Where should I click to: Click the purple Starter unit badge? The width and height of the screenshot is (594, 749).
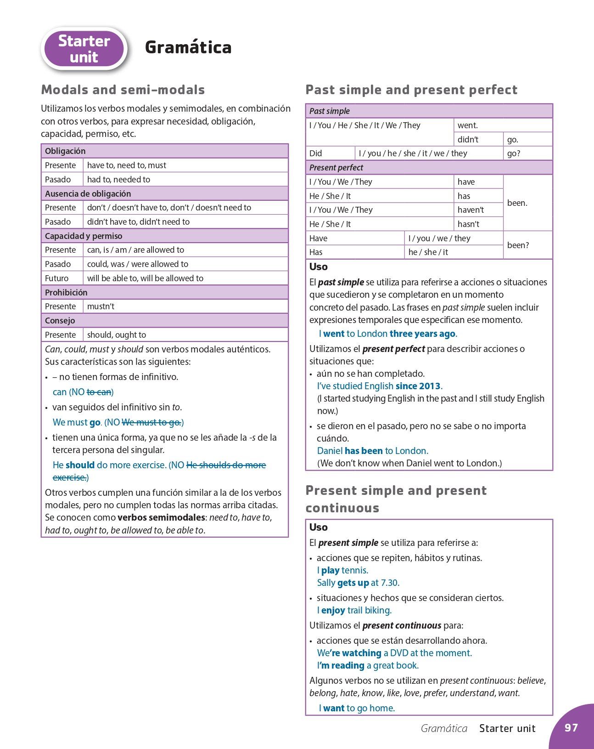tap(84, 49)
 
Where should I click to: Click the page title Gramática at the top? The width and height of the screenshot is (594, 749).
tap(188, 47)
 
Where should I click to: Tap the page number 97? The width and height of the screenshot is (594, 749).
tap(571, 727)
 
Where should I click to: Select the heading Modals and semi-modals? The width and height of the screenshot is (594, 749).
tap(123, 90)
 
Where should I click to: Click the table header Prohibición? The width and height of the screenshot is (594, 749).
tap(66, 292)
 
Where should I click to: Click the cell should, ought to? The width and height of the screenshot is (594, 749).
tap(117, 335)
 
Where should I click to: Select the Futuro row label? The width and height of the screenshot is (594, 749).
tap(56, 278)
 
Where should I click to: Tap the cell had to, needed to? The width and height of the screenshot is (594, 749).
tap(118, 180)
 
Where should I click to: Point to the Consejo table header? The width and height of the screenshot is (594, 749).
tap(60, 321)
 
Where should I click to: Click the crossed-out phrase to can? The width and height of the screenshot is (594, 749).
tap(99, 392)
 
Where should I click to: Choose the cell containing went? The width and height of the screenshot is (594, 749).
tap(468, 125)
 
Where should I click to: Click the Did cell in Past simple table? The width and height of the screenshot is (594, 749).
tap(316, 153)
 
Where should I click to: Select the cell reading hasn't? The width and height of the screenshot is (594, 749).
tap(468, 224)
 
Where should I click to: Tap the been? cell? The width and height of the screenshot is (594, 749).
tap(518, 245)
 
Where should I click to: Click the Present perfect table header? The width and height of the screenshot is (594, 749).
tap(336, 168)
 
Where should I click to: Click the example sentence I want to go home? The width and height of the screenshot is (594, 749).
tap(357, 708)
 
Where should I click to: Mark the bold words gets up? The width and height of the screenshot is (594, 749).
tap(353, 583)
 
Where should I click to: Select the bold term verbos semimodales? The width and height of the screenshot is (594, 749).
tap(161, 517)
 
